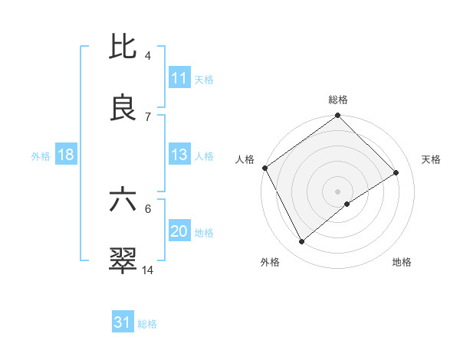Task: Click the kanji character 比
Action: pyautogui.click(x=123, y=47)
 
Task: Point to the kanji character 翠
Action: pyautogui.click(x=123, y=260)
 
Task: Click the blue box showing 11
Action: pyautogui.click(x=179, y=78)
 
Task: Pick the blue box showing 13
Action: pyautogui.click(x=179, y=155)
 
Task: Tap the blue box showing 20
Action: pyautogui.click(x=179, y=231)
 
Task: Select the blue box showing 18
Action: pyautogui.click(x=65, y=155)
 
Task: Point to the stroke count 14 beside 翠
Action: pyautogui.click(x=149, y=270)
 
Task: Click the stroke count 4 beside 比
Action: pyautogui.click(x=148, y=56)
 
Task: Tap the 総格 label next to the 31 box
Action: pyautogui.click(x=147, y=324)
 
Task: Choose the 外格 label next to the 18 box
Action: pyautogui.click(x=41, y=155)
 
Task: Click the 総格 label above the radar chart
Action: pyautogui.click(x=338, y=100)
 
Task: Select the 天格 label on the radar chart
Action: pyautogui.click(x=432, y=159)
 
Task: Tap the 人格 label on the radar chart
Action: pyautogui.click(x=245, y=159)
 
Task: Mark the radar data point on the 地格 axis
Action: pyautogui.click(x=347, y=204)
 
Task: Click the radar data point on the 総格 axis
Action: pyautogui.click(x=338, y=116)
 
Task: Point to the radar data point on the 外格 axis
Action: pyautogui.click(x=302, y=242)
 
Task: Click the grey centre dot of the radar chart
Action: pyautogui.click(x=338, y=191)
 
